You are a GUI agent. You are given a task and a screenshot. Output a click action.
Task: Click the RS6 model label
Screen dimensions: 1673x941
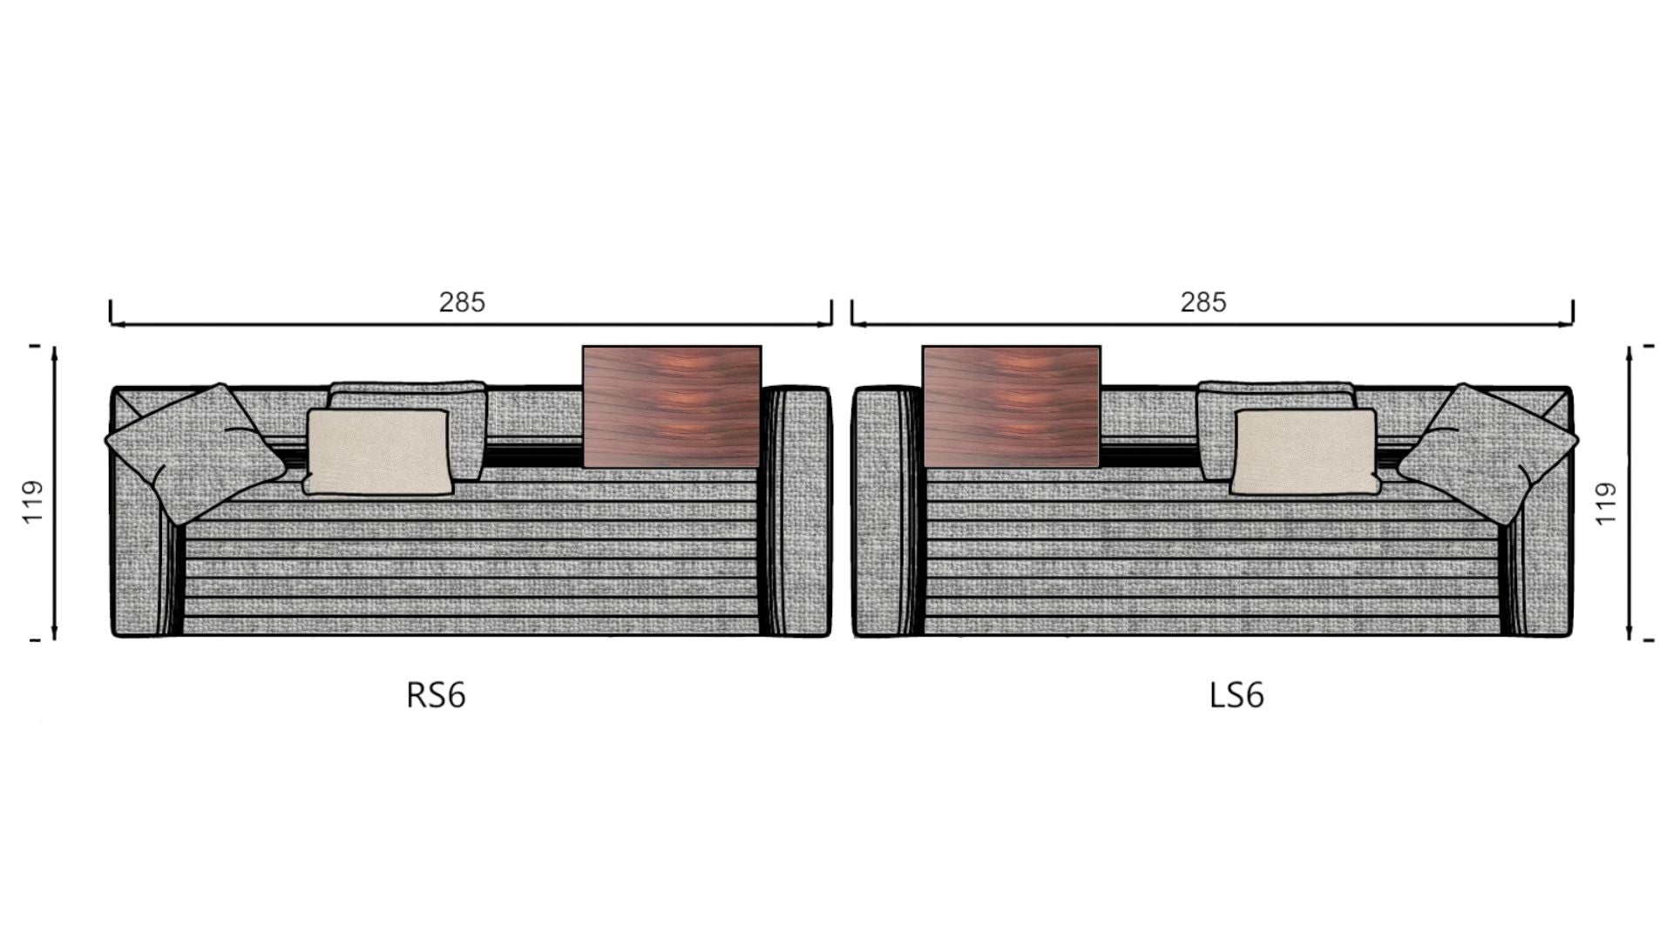(436, 695)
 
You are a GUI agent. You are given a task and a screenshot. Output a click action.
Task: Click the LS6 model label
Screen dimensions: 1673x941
(1236, 695)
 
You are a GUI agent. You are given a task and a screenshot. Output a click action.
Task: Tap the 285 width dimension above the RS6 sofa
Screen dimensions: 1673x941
(462, 302)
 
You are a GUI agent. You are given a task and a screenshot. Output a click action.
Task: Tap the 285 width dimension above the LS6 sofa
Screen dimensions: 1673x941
(1203, 302)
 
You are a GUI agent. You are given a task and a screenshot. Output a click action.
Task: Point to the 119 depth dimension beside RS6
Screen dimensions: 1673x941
(32, 502)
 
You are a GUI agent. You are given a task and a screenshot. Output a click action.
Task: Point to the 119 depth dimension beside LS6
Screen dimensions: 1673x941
(1606, 504)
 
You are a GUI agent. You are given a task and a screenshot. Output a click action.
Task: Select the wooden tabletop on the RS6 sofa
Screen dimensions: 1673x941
(672, 407)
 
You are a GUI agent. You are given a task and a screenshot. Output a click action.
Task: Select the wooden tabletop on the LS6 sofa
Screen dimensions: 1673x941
(1012, 407)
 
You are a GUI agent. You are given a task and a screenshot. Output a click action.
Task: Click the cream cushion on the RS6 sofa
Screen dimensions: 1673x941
(379, 452)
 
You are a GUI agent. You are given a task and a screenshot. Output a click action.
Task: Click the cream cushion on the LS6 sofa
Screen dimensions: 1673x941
(1304, 451)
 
